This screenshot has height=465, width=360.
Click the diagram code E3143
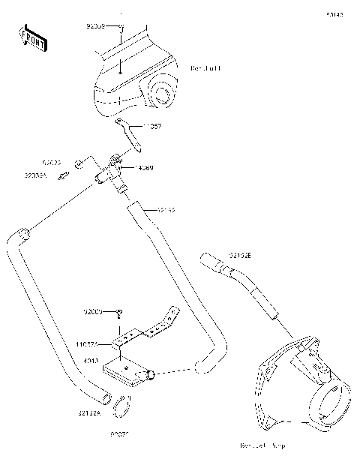pyautogui.click(x=334, y=14)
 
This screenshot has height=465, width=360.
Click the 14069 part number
pyautogui.click(x=144, y=167)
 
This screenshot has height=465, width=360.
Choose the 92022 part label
pyautogui.click(x=51, y=162)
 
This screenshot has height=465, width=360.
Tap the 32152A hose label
pyautogui.click(x=88, y=412)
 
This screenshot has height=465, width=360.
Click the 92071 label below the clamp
pyautogui.click(x=121, y=434)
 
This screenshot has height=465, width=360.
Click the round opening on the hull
pyautogui.click(x=160, y=93)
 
